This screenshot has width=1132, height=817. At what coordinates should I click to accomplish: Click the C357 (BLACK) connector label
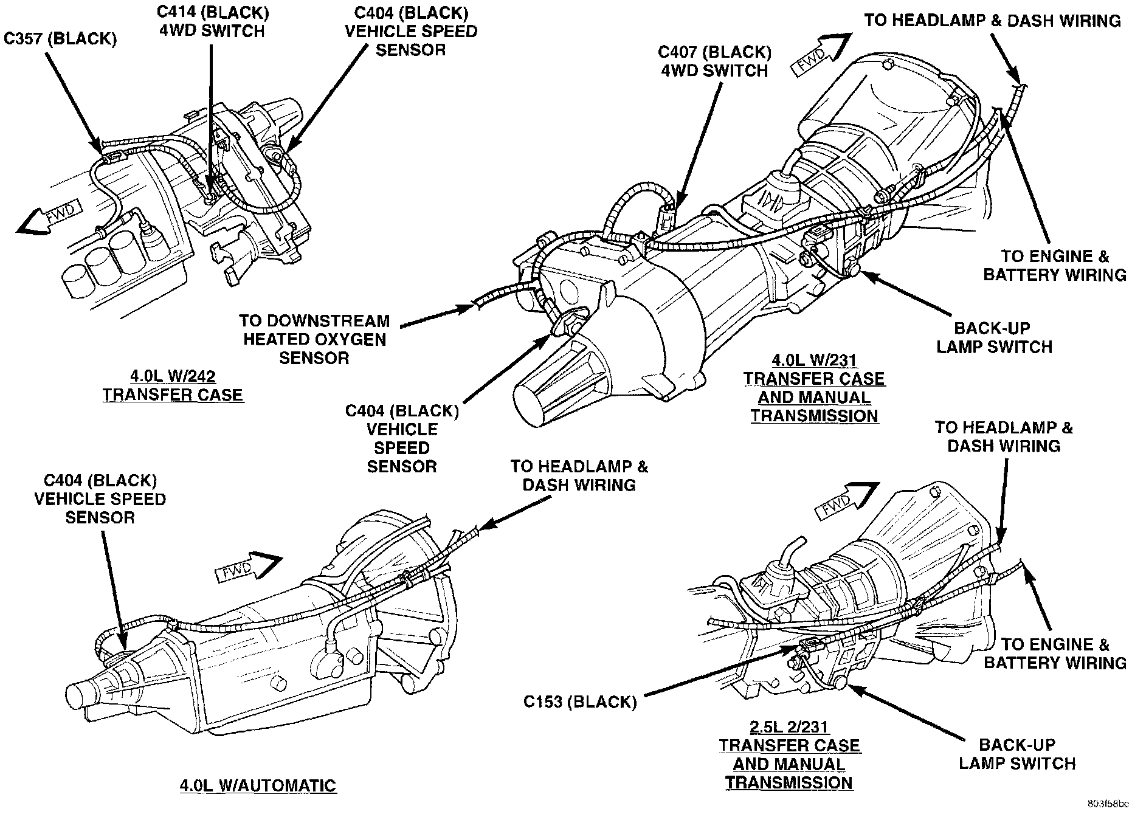point(60,39)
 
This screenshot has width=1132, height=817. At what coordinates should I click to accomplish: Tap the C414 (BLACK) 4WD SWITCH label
point(212,21)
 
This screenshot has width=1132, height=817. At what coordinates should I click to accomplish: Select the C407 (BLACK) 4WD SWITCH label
point(714,61)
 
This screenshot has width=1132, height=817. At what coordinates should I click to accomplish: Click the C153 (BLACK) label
point(579,702)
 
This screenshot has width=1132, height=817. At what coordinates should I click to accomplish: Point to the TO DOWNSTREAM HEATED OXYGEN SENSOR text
point(314,339)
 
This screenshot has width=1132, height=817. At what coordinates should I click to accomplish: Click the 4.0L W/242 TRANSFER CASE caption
point(173,385)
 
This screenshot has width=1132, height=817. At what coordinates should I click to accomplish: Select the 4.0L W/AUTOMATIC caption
point(258,785)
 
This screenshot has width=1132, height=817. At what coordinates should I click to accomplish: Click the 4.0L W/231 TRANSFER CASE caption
point(814,388)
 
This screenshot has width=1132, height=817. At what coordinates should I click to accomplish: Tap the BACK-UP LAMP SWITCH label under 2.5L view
point(1017,754)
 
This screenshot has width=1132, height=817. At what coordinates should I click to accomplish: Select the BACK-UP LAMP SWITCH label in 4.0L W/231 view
point(994,338)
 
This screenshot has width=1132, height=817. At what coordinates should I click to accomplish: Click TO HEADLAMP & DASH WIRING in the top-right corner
point(992,21)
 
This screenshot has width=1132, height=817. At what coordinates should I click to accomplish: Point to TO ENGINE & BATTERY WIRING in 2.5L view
point(1055,653)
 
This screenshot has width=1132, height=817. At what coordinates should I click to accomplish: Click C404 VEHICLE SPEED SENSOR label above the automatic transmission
point(100,499)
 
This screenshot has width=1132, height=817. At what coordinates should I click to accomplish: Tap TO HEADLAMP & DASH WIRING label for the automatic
point(579,475)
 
